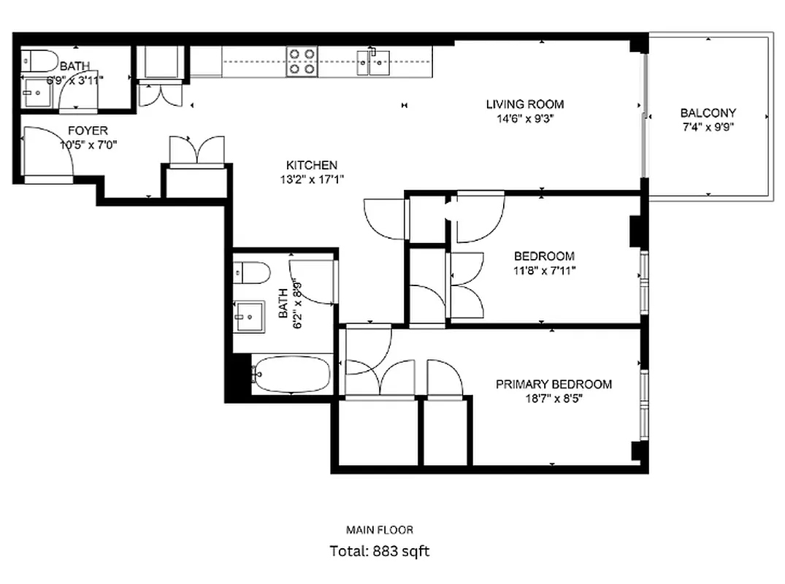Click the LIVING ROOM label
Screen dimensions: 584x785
click(525, 104)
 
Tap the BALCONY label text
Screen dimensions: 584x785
click(708, 113)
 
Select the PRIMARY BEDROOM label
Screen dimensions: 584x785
click(554, 385)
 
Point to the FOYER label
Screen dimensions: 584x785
click(88, 131)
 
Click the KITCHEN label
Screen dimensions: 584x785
click(311, 165)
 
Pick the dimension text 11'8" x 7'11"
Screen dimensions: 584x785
click(544, 270)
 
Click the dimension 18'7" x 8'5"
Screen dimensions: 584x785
click(554, 399)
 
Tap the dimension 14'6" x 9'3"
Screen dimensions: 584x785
click(525, 118)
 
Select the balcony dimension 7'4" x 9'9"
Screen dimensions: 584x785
click(708, 126)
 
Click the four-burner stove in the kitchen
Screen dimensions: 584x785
click(302, 61)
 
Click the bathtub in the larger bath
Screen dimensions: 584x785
click(291, 374)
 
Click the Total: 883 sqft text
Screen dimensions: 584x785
click(380, 551)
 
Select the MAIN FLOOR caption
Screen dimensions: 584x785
click(379, 530)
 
